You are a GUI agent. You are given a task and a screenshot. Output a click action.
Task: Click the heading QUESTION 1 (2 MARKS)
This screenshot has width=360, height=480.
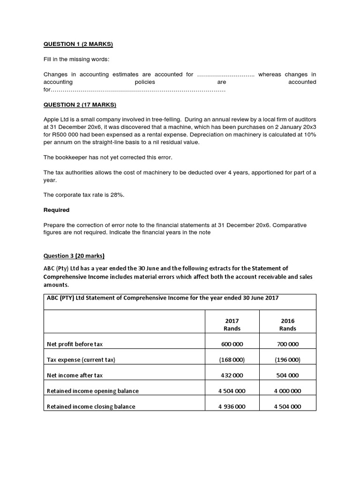78,45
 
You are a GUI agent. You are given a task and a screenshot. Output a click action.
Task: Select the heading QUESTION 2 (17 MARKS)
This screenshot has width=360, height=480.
80,105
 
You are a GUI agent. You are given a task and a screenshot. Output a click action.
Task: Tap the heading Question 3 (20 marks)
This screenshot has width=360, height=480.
74,256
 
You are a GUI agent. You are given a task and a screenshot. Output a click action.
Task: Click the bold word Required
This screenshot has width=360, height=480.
56,210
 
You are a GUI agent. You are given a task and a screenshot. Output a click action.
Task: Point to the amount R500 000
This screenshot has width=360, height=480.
67,135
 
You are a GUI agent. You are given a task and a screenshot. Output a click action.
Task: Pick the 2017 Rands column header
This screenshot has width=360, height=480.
232,325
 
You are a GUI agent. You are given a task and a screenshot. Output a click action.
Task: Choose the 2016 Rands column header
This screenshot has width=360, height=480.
288,325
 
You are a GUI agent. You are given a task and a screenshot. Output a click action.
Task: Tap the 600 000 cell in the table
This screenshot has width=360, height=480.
232,344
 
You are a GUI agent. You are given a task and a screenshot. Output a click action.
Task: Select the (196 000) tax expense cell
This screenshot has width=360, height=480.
288,360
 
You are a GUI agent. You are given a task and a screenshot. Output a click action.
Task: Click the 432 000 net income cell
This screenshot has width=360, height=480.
232,375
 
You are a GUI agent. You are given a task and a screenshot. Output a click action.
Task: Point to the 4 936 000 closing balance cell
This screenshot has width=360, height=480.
232,406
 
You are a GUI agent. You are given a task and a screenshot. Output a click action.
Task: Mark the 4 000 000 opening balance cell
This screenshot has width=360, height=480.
288,391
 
